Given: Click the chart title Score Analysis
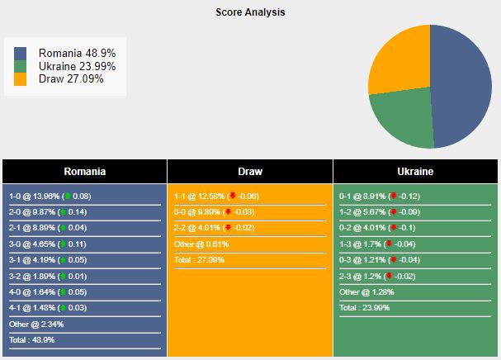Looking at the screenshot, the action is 250,12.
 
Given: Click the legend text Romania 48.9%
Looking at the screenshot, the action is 77,53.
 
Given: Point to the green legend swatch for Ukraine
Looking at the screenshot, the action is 20,67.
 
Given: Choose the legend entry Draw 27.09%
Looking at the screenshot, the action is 71,78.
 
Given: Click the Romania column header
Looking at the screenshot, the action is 85,172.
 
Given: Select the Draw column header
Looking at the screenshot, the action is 250,172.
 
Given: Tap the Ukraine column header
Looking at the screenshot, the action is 415,172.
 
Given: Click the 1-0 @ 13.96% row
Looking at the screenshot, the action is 50,196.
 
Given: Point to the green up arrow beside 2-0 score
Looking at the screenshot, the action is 64,211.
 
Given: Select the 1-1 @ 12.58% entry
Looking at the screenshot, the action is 216,196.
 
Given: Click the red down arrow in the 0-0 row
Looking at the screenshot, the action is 228,211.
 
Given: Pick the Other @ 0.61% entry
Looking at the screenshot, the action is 201,244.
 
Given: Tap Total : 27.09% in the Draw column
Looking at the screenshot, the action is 199,259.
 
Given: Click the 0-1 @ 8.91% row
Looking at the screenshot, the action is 380,196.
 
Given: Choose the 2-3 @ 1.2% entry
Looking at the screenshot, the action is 377,277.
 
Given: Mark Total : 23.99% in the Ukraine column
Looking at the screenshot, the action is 364,307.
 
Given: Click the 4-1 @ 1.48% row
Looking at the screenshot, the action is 48,307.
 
